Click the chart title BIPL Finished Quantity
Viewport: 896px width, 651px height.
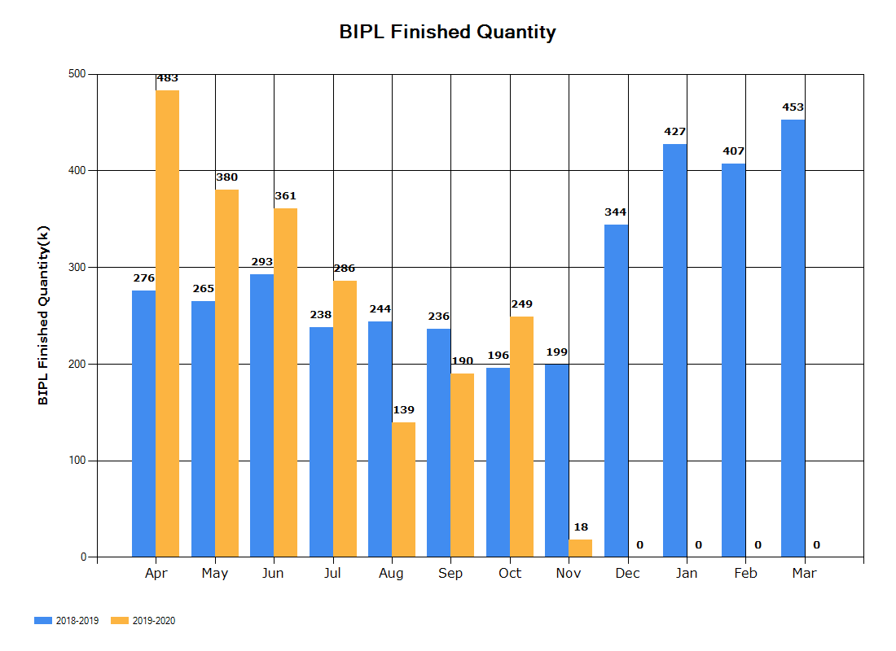click(447, 32)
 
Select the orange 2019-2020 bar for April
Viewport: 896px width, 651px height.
click(168, 323)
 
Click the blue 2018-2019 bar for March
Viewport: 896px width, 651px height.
click(793, 338)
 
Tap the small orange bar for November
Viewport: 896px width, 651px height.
click(581, 548)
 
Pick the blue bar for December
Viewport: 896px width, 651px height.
click(616, 391)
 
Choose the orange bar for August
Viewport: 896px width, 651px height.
click(403, 489)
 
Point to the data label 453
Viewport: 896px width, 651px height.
click(793, 107)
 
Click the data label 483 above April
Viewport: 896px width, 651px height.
click(168, 78)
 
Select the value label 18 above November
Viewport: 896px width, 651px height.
click(581, 527)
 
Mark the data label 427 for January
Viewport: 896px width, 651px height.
click(675, 132)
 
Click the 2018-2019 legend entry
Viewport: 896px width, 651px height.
click(66, 621)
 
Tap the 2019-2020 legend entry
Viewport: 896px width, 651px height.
click(143, 621)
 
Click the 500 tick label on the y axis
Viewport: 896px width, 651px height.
click(77, 74)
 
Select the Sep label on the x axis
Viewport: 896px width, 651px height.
click(450, 574)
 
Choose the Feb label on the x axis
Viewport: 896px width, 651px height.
click(745, 573)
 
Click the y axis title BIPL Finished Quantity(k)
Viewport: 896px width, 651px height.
click(43, 315)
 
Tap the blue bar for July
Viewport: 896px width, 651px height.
click(321, 442)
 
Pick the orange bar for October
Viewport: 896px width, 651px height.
click(521, 437)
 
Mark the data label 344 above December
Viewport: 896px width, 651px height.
click(616, 212)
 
